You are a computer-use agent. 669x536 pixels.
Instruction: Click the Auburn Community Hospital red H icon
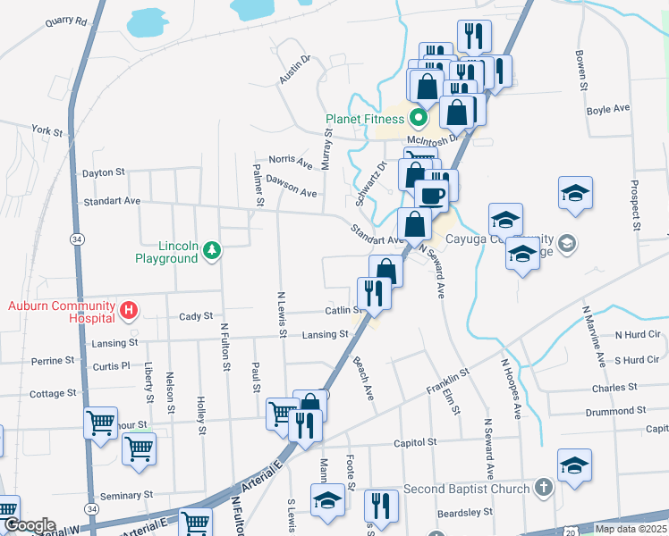point(129,311)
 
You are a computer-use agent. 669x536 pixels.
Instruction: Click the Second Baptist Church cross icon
point(543,489)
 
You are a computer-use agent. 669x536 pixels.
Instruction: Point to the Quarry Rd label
point(69,21)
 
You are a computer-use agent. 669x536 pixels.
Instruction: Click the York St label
point(47,131)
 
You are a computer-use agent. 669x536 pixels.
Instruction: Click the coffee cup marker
point(431,196)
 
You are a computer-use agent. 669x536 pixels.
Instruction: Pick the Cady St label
point(196,316)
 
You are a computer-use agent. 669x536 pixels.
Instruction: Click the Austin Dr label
point(293,70)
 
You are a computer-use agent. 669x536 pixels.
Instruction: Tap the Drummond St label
point(615,411)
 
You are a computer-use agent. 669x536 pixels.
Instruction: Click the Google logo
point(29,525)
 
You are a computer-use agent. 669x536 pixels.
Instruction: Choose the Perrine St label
point(53,361)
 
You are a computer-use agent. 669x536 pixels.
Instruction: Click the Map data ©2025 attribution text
point(630,529)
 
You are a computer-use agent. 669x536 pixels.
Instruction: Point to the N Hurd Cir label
point(637,334)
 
